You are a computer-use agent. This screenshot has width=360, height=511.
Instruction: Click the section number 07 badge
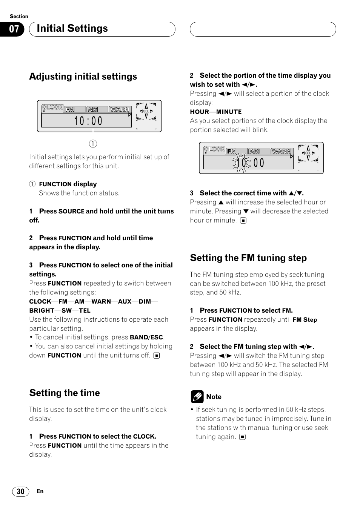14,29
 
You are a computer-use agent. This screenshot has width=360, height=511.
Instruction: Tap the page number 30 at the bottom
20,491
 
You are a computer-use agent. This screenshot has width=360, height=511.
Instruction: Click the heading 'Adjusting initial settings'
83,77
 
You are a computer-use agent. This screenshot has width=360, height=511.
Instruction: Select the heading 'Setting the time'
65,393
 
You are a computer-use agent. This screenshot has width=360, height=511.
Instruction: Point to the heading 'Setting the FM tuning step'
248,258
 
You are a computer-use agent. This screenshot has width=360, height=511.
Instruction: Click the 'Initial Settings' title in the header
72,29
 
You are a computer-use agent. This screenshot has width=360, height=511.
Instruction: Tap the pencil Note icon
197,397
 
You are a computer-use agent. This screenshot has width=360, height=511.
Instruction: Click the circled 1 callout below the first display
93,144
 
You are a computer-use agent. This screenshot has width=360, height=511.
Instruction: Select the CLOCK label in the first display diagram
52,107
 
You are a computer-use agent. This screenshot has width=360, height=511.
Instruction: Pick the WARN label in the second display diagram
282,151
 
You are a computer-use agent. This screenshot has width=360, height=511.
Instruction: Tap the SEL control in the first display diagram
146,111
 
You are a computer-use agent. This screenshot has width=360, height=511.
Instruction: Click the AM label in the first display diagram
93,109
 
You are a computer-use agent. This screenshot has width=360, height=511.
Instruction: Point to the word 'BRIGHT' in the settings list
42,310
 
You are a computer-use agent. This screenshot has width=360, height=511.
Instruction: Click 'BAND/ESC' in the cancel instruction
146,338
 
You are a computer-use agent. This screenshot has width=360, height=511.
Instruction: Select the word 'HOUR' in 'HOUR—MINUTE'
200,112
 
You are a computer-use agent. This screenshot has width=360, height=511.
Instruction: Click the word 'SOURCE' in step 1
71,212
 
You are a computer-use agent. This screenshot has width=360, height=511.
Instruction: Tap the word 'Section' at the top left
19,16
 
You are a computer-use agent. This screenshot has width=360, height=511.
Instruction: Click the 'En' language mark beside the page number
40,491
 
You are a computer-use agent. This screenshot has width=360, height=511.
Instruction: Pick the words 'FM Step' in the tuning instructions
305,320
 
